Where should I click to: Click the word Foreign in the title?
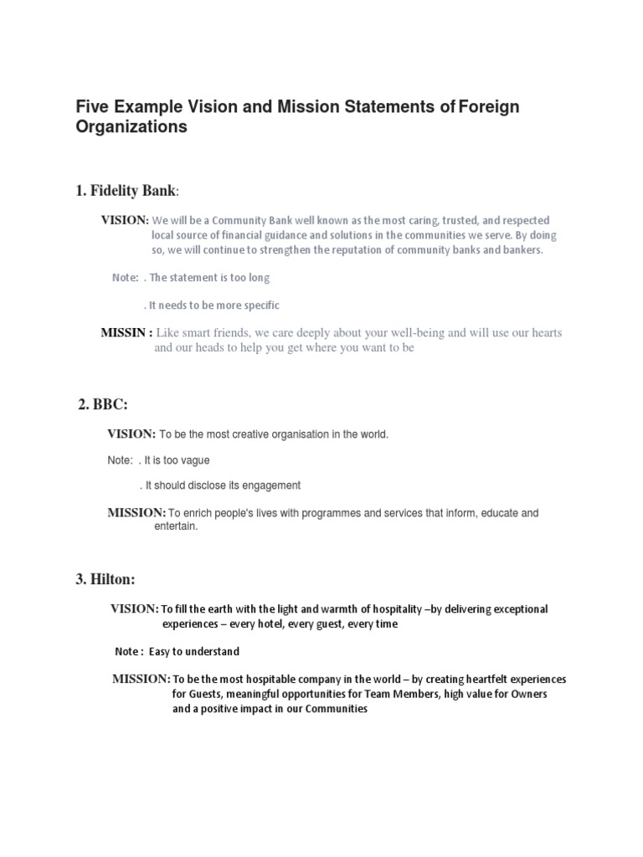490,106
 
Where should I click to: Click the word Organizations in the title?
131,127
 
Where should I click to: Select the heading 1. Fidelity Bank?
126,191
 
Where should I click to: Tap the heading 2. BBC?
102,404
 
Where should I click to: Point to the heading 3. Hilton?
107,578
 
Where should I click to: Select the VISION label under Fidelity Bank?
125,220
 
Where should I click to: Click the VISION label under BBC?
131,434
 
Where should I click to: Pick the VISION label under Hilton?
135,608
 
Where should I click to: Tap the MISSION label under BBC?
136,512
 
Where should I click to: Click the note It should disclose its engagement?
222,485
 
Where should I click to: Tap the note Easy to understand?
194,651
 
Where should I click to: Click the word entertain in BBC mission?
175,527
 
